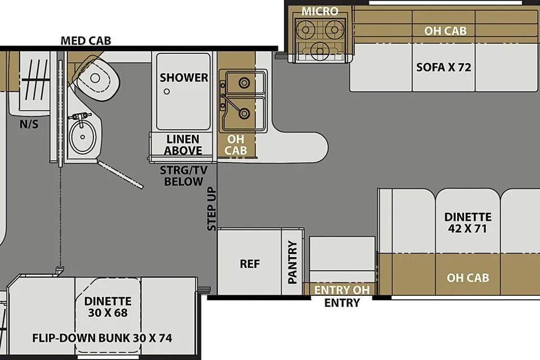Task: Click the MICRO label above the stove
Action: tap(320, 11)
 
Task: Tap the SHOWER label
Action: tap(184, 78)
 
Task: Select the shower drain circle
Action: tap(166, 92)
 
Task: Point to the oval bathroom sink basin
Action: tap(82, 137)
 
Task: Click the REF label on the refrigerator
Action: tap(250, 264)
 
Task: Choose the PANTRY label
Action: tap(292, 262)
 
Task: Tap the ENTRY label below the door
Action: tap(342, 303)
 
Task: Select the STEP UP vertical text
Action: tap(211, 209)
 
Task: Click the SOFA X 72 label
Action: tap(444, 67)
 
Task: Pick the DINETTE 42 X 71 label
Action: tap(467, 223)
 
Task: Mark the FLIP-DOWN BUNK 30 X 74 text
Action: tap(102, 338)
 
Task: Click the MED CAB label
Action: tap(85, 40)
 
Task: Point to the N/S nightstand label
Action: tap(29, 124)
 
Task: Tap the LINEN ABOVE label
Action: tap(183, 145)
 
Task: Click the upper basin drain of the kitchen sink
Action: tap(244, 82)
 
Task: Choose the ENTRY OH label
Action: tap(341, 290)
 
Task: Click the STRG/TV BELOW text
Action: tap(183, 175)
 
